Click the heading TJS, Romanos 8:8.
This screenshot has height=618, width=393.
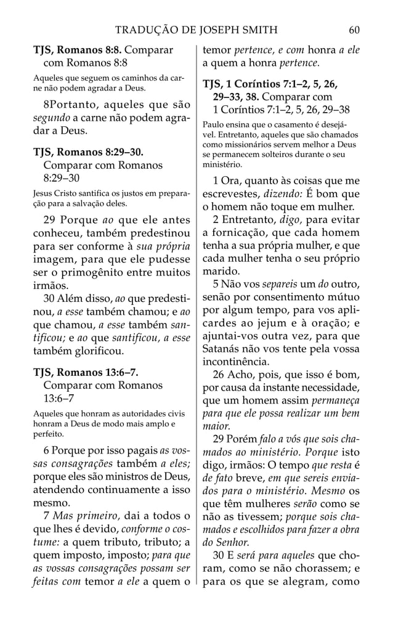(x=73, y=49)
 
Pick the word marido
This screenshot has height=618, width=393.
(x=221, y=271)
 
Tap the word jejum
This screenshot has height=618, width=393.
(x=268, y=322)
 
